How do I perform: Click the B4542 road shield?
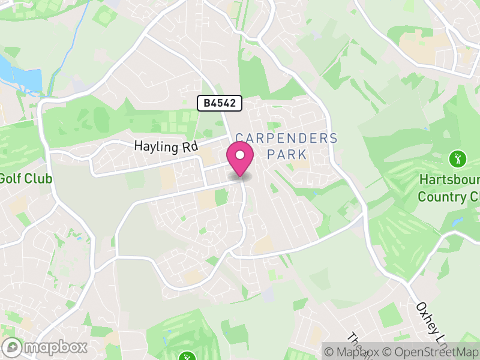tap(220, 103)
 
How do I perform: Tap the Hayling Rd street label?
tap(166, 146)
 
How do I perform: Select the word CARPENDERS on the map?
tap(287, 139)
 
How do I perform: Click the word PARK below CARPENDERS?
tap(287, 154)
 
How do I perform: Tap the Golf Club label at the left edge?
tap(25, 179)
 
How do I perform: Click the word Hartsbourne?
tap(449, 180)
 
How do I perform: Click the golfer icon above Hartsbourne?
tap(458, 159)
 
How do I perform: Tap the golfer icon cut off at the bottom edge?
tap(187, 356)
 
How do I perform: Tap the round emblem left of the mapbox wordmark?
tap(13, 347)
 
